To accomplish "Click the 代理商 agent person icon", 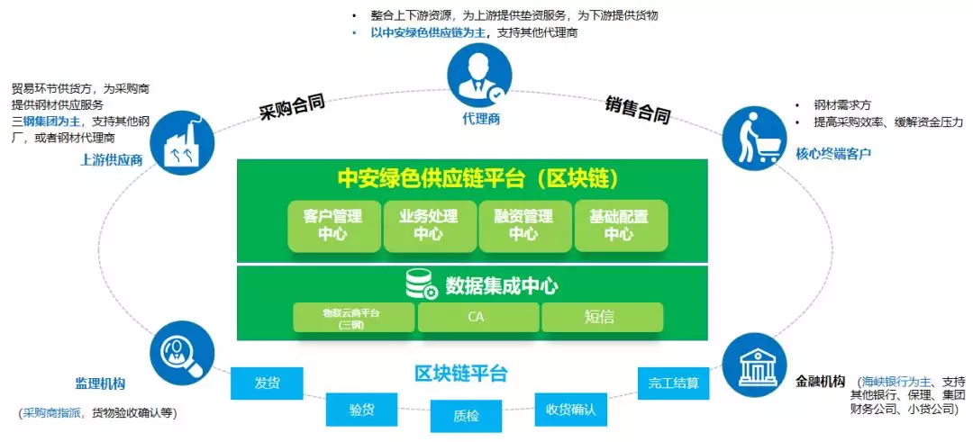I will coord(479,77).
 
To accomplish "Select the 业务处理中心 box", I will coord(428,225).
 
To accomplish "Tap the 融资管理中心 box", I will coord(523,225).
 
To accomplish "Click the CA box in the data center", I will coord(477,317).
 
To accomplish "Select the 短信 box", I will coord(602,317).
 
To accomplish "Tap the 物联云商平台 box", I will coord(353,317).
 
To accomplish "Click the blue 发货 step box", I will coord(267,383).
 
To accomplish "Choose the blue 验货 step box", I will coord(361,409).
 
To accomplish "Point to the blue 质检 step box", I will coord(465,416).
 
